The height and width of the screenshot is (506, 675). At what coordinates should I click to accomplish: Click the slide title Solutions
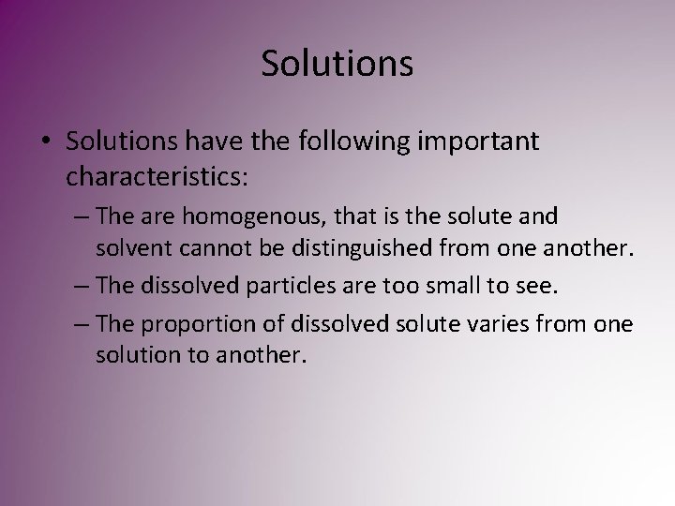[x=337, y=64]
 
